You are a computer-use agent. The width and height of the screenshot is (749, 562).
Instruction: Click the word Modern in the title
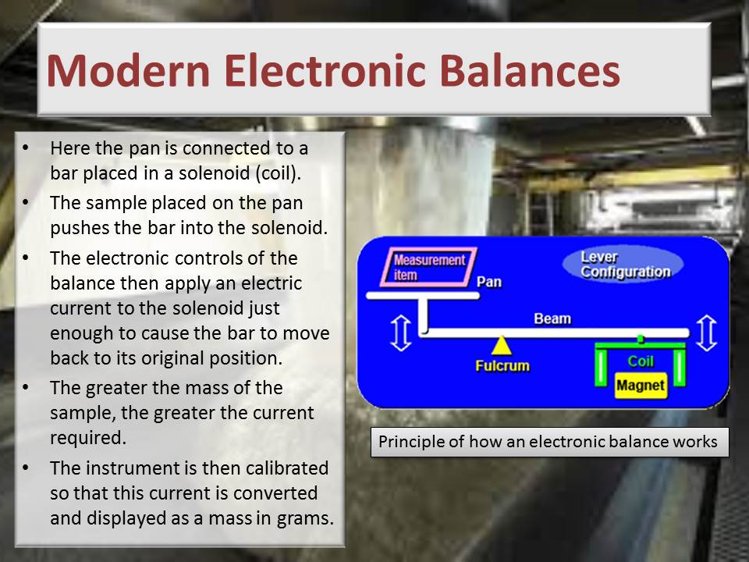click(128, 71)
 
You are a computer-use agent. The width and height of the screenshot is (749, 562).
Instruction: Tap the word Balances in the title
click(533, 71)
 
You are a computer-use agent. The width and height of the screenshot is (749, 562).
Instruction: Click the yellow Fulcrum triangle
click(501, 346)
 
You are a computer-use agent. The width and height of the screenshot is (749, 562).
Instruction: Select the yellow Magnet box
click(640, 385)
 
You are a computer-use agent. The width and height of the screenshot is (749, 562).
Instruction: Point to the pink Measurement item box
click(428, 267)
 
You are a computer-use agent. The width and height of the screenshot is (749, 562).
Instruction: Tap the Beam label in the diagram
click(552, 318)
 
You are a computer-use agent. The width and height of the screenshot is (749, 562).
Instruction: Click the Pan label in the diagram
click(489, 282)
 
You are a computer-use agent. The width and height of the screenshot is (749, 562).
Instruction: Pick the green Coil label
click(640, 361)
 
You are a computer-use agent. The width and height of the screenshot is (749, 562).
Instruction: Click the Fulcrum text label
click(502, 366)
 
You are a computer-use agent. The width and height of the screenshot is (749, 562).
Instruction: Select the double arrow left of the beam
click(401, 333)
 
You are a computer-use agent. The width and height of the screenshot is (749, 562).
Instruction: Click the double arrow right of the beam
click(706, 333)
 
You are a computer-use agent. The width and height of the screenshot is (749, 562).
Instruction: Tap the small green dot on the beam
click(641, 339)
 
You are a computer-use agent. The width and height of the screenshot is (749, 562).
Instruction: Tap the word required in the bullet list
click(88, 438)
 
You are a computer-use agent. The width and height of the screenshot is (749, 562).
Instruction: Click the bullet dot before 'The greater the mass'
click(25, 387)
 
